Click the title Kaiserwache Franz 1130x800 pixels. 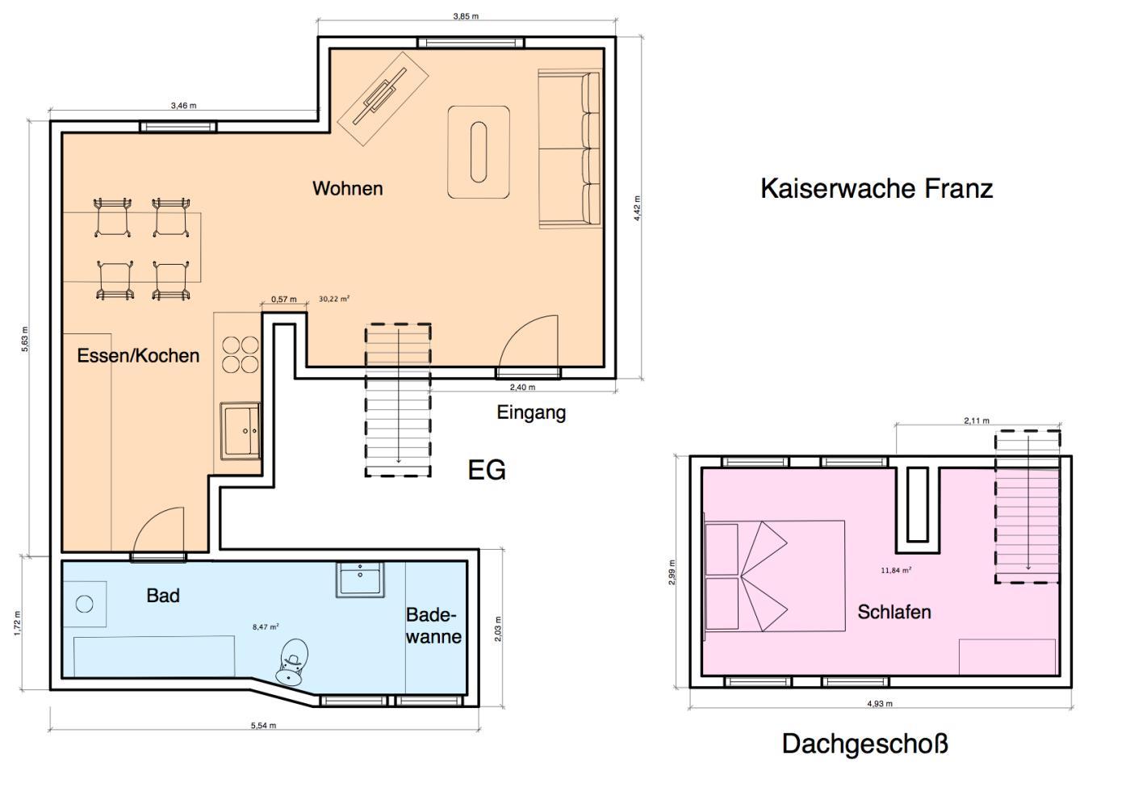click(877, 189)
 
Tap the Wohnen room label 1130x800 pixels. click(348, 189)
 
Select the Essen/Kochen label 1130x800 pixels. click(138, 356)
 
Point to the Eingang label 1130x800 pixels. click(531, 413)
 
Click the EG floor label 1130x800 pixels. click(486, 470)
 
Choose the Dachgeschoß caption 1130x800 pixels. click(864, 744)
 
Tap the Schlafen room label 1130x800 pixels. click(894, 612)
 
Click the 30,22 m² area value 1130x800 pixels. click(334, 299)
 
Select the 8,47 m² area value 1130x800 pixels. click(266, 627)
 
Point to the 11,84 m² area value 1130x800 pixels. click(896, 571)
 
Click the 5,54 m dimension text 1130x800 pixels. click(263, 726)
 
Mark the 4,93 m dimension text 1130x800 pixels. click(880, 704)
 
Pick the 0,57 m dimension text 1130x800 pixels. click(284, 299)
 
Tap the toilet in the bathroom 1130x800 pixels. click(292, 662)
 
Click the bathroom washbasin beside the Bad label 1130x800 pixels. click(360, 580)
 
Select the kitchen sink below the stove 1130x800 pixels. click(241, 431)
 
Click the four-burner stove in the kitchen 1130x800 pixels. click(241, 354)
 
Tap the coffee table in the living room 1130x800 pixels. click(479, 153)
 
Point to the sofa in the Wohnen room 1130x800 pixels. click(570, 149)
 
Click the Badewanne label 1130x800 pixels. click(434, 626)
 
